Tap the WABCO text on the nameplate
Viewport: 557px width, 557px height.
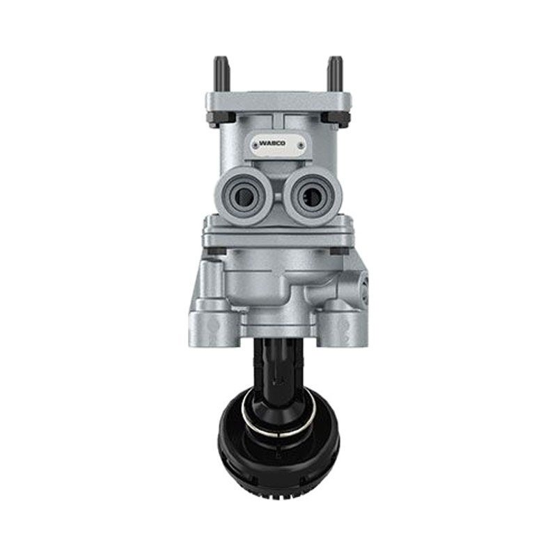click(x=272, y=143)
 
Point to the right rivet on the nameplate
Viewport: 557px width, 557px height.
click(x=301, y=145)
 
